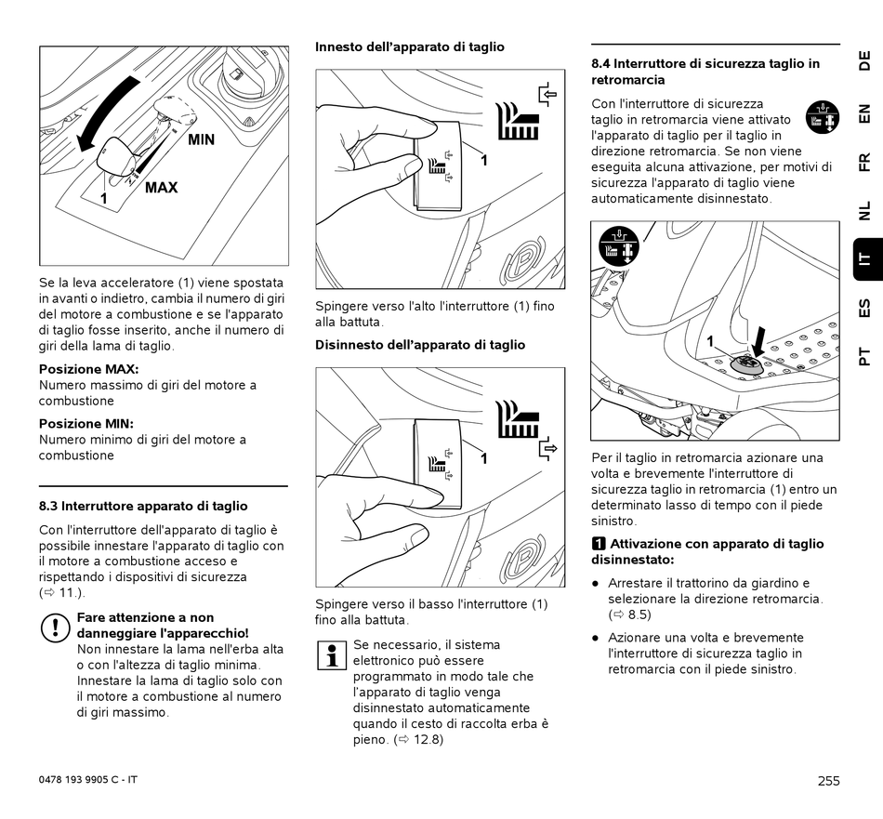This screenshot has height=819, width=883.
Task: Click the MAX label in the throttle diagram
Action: (161, 188)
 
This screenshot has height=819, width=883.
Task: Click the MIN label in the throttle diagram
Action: (201, 140)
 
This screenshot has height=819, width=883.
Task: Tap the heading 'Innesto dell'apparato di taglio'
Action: (410, 46)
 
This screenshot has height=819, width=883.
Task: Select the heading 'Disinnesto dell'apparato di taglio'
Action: (420, 345)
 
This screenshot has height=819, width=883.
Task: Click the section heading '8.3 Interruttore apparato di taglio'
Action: (143, 507)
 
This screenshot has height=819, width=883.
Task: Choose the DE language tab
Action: (863, 61)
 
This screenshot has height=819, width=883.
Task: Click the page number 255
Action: (829, 781)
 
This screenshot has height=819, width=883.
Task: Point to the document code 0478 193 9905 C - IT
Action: (88, 779)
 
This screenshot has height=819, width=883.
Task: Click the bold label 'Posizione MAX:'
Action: (88, 369)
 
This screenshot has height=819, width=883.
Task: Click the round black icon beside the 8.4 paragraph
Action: (822, 117)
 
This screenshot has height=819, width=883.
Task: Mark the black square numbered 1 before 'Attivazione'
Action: (599, 544)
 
